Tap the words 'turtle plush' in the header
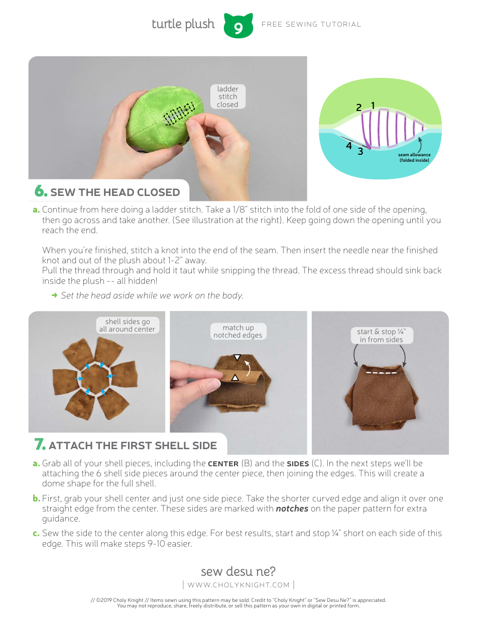point(183,24)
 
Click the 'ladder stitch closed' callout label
point(227,96)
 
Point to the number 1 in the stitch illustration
point(373,106)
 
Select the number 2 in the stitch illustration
point(359,108)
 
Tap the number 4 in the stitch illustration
point(349,146)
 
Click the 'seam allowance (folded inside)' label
point(414,158)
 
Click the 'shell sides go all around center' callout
point(127,325)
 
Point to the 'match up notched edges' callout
point(237,331)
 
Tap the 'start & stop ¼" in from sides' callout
point(381,335)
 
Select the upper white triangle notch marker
point(237,357)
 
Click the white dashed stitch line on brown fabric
point(381,373)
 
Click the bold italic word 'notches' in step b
point(291,508)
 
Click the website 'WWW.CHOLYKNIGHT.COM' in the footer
point(238,584)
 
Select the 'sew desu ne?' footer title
point(238,571)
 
